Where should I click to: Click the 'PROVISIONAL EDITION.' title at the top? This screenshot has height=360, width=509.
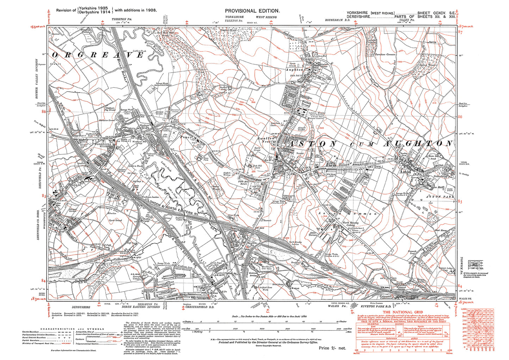point(252,11)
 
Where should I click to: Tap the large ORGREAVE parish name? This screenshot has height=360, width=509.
point(98,55)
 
